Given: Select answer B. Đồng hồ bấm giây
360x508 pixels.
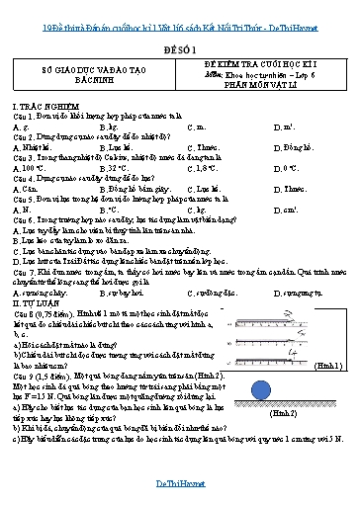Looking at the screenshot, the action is click(128, 187).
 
